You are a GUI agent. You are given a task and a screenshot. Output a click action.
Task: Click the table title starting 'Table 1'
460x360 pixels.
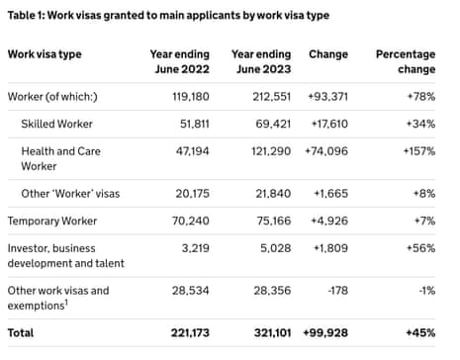click(169, 16)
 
